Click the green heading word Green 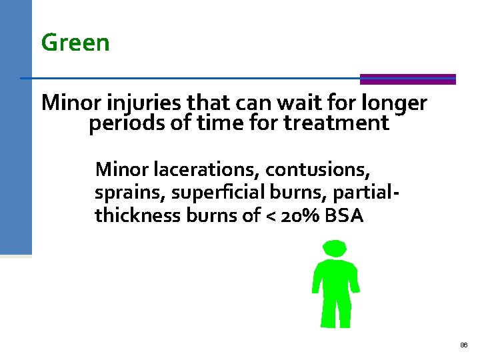pos(75,43)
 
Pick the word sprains pos(130,193)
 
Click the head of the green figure pos(335,250)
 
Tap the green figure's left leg pos(327,310)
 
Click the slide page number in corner pos(464,345)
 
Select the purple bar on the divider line pos(407,79)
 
